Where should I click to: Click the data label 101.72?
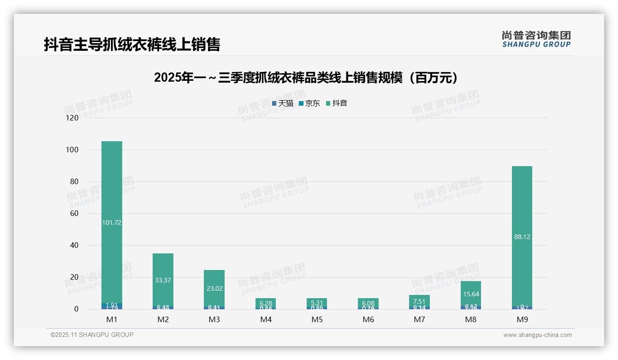tap(112, 222)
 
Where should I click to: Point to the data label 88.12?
tap(522, 237)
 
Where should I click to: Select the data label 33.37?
tap(163, 280)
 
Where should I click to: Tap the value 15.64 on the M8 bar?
tap(470, 294)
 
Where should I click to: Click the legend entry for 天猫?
tap(283, 103)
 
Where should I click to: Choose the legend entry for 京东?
tap(309, 103)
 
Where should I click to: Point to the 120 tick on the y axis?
tap(72, 118)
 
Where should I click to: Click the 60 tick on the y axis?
tap(74, 213)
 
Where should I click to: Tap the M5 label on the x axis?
tap(317, 319)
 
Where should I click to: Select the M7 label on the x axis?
tap(419, 319)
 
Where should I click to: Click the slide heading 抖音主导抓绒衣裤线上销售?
tap(132, 44)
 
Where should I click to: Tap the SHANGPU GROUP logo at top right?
tap(536, 39)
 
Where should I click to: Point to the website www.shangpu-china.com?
tap(537, 335)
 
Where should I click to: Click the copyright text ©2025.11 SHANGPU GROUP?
tap(92, 335)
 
